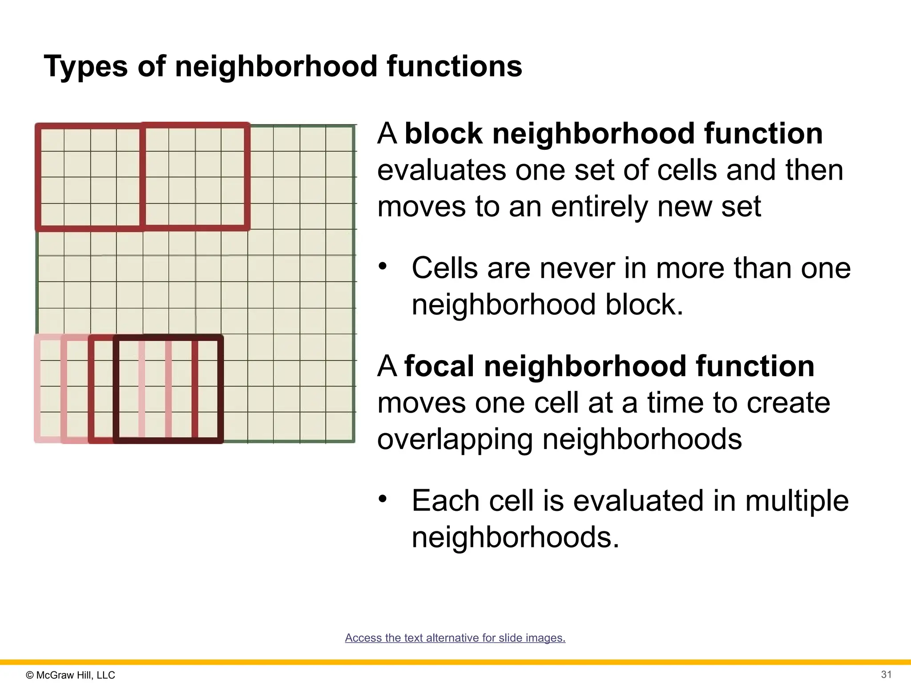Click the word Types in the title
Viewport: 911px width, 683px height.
pos(85,67)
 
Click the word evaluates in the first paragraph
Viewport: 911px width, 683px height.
pos(442,170)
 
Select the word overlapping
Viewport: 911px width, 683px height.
pos(455,439)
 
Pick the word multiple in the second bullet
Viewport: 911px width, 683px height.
pos(797,501)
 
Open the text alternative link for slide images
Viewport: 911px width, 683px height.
pos(455,638)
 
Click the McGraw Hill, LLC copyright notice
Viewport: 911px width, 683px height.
pos(71,675)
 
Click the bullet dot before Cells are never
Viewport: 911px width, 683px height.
pos(383,267)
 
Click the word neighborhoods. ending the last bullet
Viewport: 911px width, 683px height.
pos(515,538)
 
